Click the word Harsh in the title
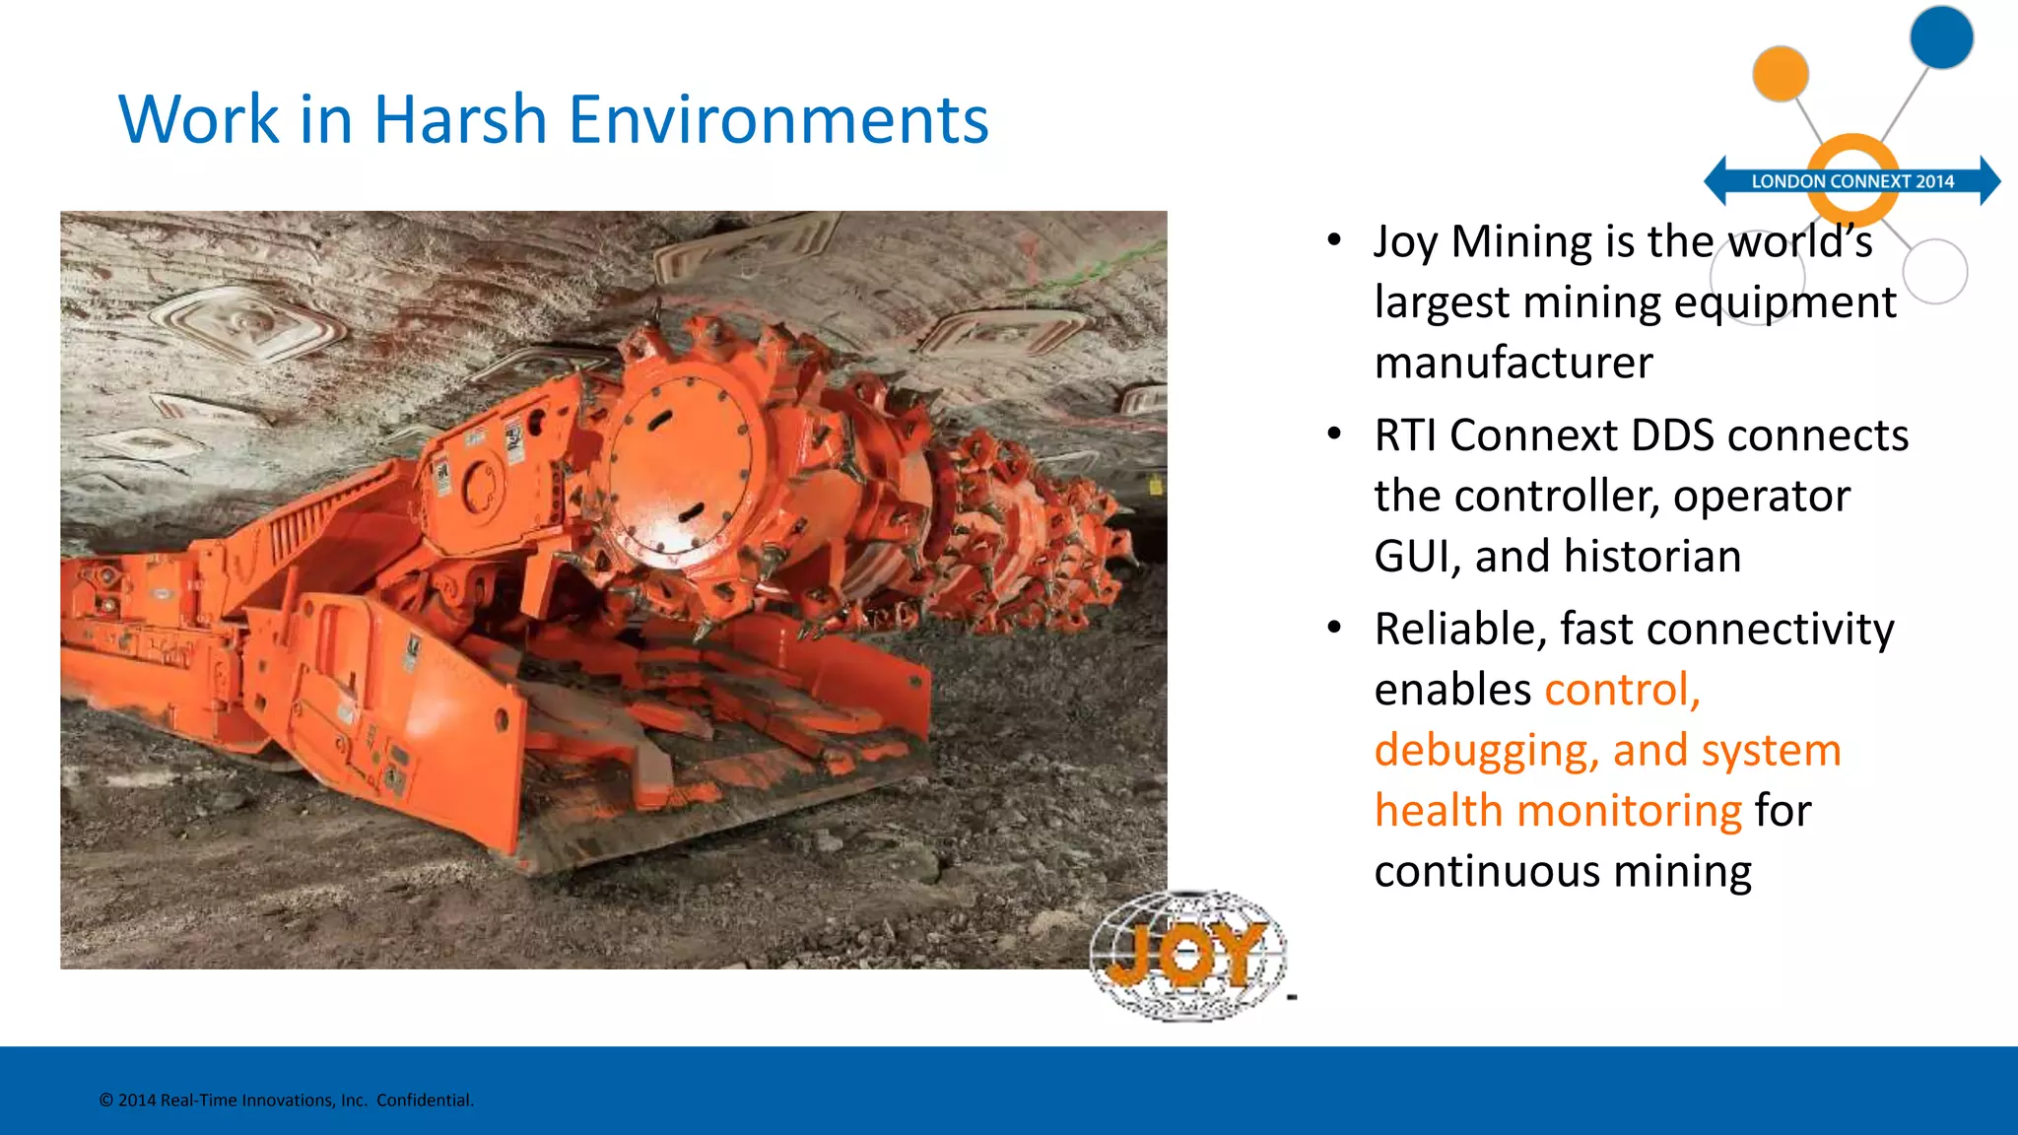coord(459,120)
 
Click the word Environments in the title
coord(778,120)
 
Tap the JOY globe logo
coord(1187,954)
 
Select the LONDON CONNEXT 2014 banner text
coord(1852,181)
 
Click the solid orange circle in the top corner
coord(1781,74)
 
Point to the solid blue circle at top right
coord(1941,37)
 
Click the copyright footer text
coord(287,1101)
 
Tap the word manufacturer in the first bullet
coord(1513,363)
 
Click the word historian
coord(1652,556)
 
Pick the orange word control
coord(1622,690)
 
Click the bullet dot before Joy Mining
coord(1334,240)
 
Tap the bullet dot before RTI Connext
coord(1334,434)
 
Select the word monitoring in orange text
coord(1630,811)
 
